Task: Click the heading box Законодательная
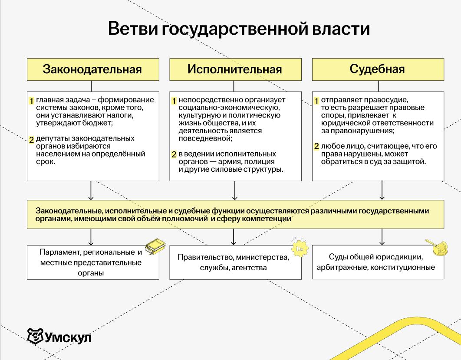click(92, 69)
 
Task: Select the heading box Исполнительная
click(235, 69)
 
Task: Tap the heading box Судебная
click(378, 69)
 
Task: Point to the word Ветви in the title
click(132, 29)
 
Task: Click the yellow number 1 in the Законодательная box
click(31, 101)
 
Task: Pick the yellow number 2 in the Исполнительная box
click(174, 154)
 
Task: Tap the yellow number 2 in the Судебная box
click(316, 147)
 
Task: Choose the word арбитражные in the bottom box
click(341, 267)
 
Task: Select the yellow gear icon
click(299, 248)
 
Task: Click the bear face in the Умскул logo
click(35, 335)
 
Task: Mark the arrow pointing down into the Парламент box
click(91, 238)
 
